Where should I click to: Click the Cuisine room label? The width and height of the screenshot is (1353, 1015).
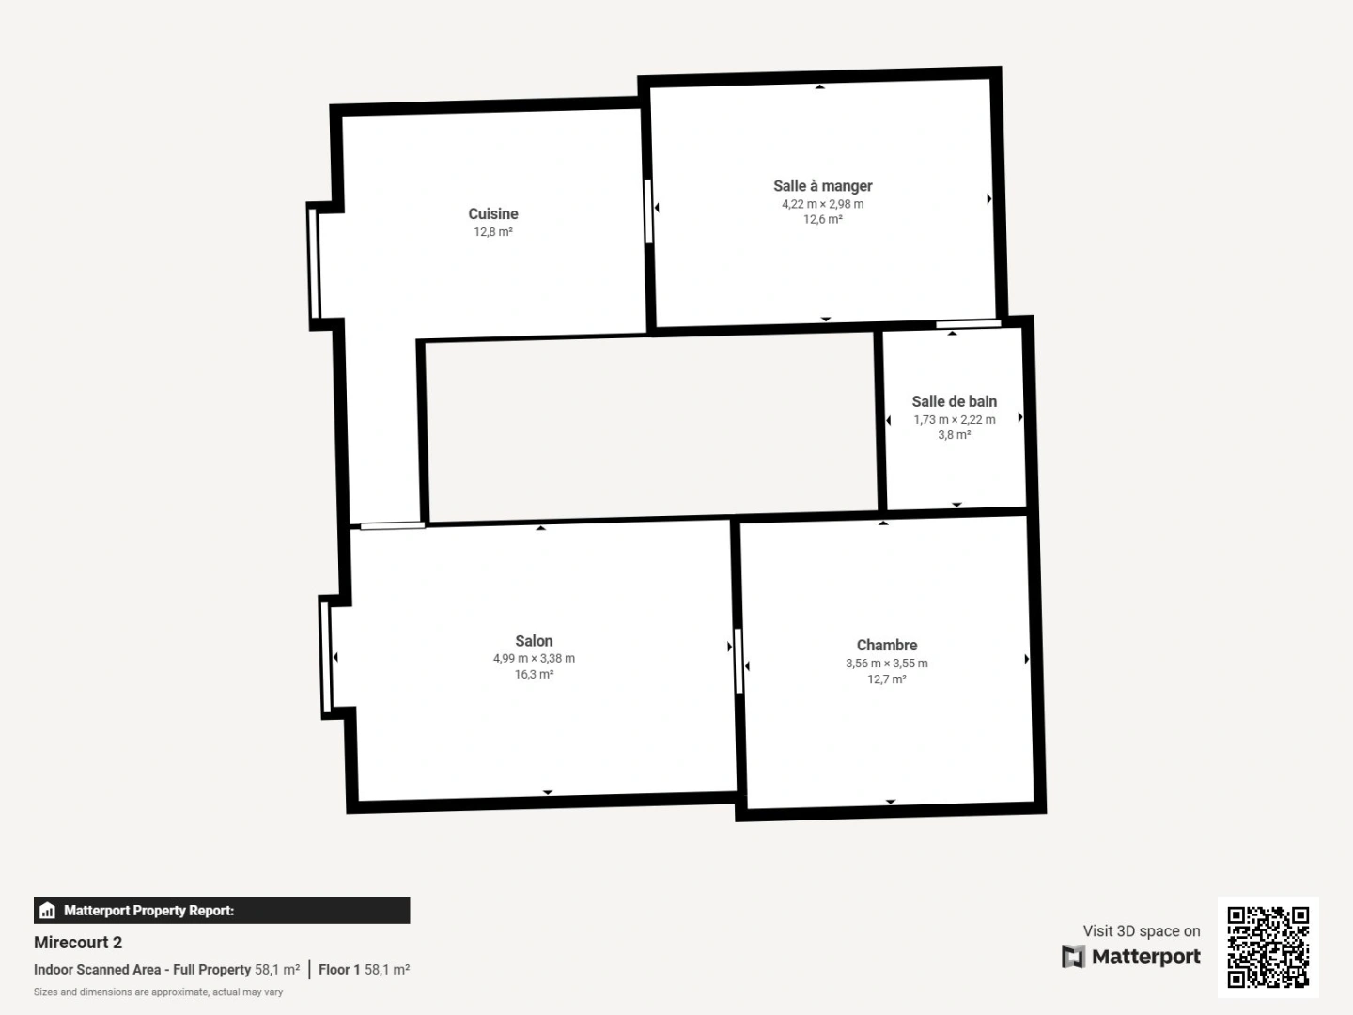click(493, 214)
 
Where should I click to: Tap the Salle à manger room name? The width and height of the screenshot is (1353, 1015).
click(822, 186)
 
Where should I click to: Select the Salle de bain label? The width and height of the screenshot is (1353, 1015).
click(954, 401)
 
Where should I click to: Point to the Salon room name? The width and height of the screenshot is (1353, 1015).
click(534, 641)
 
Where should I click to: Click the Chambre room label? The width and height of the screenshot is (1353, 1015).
click(886, 645)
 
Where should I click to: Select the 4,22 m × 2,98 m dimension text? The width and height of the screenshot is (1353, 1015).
click(822, 204)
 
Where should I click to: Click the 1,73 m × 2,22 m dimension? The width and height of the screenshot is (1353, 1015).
click(954, 420)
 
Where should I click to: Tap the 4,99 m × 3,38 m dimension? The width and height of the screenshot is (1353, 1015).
click(534, 659)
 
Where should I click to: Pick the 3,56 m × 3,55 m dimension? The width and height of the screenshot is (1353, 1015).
click(886, 664)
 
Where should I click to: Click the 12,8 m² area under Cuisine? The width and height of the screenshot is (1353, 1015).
click(493, 232)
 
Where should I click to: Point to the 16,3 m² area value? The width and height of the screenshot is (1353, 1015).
click(534, 675)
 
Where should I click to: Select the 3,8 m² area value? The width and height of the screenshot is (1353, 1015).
click(954, 435)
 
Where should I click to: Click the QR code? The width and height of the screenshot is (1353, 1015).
click(1267, 946)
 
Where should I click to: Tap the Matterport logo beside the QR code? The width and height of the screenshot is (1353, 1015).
click(1131, 957)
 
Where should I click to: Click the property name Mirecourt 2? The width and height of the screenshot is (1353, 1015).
click(78, 943)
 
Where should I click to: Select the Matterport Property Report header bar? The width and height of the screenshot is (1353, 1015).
click(222, 910)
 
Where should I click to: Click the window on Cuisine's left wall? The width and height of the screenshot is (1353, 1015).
click(314, 264)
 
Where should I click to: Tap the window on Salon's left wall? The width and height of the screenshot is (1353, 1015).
click(326, 657)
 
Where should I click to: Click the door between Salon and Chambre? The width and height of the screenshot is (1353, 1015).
click(739, 661)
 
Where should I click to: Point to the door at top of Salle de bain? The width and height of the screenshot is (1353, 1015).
click(967, 324)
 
